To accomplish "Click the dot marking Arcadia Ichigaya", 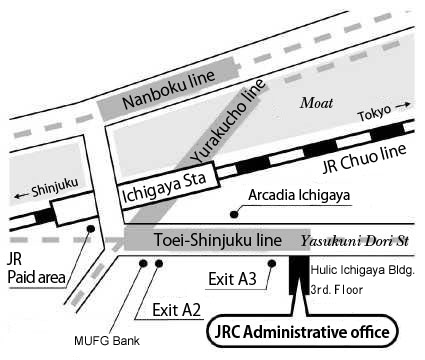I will tap(235, 212).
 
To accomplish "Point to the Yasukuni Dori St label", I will tap(355, 242).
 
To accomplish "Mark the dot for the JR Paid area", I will tap(91, 229).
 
